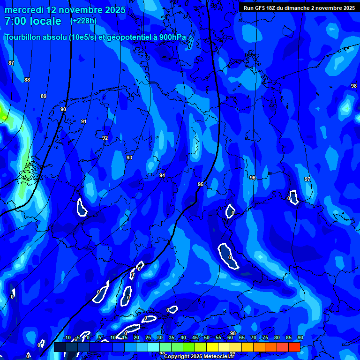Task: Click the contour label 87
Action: coord(11,63)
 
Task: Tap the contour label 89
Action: coord(44,96)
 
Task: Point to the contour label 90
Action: coord(63,109)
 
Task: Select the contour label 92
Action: coord(105,138)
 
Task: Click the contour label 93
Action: coord(129,158)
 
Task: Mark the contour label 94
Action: coord(162,175)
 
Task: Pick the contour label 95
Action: coord(201,184)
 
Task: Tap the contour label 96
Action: coord(253,178)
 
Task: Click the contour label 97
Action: coord(307,179)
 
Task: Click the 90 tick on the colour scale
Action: coord(300,337)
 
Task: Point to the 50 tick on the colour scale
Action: coord(206,337)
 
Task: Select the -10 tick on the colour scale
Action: coord(67,337)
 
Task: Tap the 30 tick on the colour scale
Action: coord(159,337)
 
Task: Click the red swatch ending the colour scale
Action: coord(294,347)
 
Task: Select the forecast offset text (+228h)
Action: coord(83,21)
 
